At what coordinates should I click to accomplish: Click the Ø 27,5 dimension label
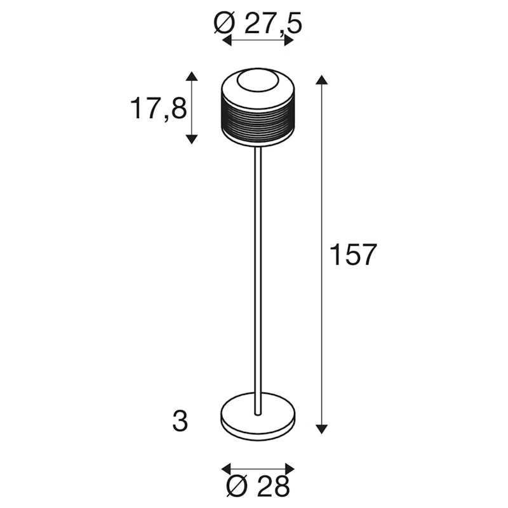(x=258, y=25)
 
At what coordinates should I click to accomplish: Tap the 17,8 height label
(x=158, y=109)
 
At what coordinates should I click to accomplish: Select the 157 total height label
(x=354, y=255)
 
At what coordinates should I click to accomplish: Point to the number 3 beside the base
(x=180, y=421)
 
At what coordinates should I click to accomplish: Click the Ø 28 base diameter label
(x=258, y=486)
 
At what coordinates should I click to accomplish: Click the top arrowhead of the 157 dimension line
(x=323, y=81)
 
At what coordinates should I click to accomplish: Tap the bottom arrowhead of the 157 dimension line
(x=323, y=427)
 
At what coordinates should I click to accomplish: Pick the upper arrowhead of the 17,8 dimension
(x=192, y=77)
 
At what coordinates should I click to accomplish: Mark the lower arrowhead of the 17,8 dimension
(x=192, y=138)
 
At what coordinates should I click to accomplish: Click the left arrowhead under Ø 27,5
(x=227, y=41)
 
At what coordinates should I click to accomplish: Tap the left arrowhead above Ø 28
(x=225, y=468)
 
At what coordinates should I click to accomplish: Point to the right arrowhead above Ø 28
(x=290, y=468)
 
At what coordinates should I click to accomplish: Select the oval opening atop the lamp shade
(x=258, y=83)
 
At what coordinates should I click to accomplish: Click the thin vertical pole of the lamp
(x=258, y=267)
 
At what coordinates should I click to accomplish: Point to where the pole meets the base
(x=258, y=413)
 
